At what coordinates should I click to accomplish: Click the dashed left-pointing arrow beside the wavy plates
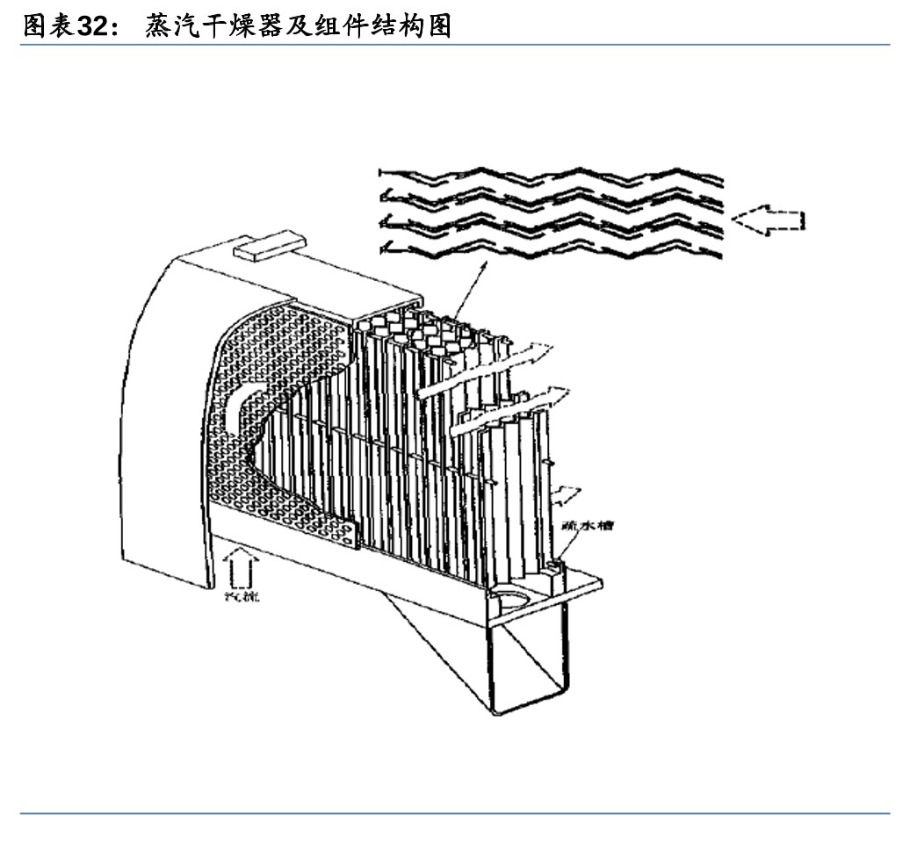coord(769,220)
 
